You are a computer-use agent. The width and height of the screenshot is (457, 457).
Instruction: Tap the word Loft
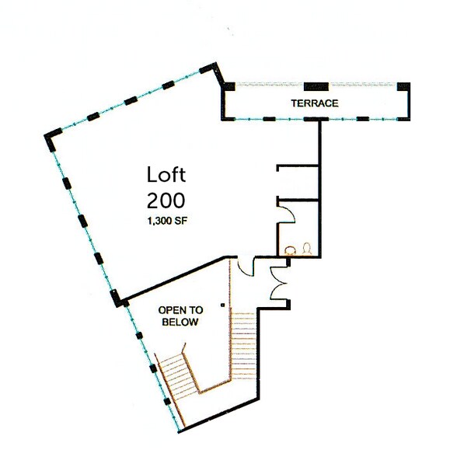click(166, 175)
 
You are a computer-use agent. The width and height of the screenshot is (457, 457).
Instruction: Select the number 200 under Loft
click(166, 200)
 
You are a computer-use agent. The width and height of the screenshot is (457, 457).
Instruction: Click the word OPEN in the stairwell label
click(173, 309)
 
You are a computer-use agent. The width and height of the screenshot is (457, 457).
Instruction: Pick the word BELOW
click(180, 321)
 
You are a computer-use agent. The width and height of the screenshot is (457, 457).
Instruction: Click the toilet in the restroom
click(307, 249)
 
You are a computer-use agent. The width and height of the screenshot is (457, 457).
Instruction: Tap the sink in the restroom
click(291, 250)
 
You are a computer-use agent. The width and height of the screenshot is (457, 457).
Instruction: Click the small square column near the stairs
click(222, 304)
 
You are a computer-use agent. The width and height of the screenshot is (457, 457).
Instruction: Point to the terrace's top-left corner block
click(229, 86)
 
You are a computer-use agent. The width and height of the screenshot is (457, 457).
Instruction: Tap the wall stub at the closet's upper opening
click(281, 165)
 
